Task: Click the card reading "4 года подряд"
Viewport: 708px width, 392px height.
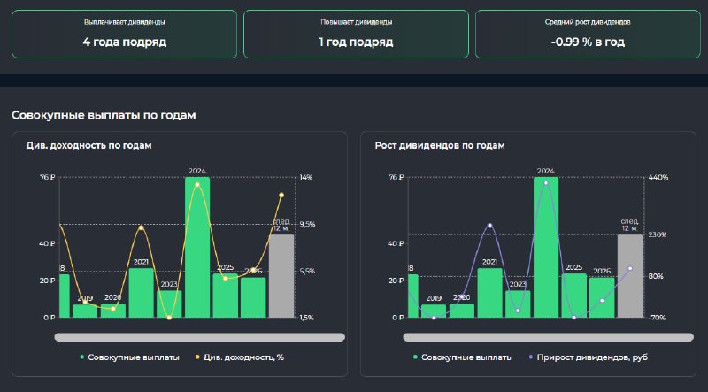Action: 124,34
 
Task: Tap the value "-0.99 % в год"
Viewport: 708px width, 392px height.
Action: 588,42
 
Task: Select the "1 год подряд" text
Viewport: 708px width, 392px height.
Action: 356,42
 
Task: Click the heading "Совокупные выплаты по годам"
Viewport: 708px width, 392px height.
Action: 104,115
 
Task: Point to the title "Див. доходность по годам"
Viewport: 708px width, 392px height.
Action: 89,145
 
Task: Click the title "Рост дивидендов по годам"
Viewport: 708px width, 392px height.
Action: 440,145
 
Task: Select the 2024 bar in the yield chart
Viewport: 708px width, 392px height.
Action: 197,247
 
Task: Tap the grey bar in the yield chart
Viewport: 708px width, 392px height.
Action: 281,276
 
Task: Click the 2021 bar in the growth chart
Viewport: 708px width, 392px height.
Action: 490,293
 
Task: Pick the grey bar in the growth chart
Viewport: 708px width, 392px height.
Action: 630,276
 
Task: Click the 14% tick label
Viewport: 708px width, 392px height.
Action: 306,178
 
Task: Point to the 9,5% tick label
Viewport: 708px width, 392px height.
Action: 307,225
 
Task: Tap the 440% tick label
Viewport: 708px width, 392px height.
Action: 658,178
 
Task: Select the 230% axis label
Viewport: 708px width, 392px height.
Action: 658,234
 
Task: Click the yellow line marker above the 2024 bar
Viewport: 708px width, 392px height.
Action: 196,185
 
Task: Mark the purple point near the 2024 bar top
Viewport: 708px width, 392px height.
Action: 546,183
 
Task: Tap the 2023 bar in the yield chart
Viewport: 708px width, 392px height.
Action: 169,304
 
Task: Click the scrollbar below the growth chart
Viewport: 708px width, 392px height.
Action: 548,337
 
